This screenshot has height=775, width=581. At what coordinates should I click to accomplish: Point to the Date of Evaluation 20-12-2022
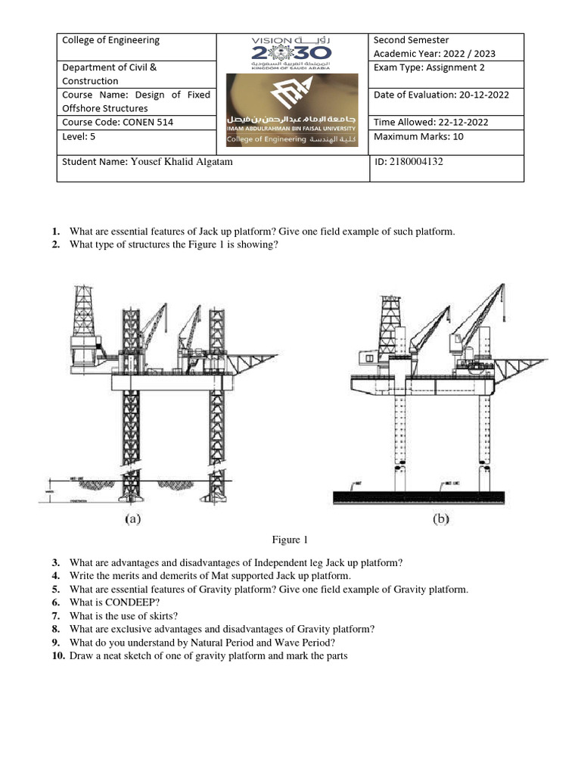click(x=441, y=95)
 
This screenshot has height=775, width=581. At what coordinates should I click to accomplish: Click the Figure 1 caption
click(x=290, y=540)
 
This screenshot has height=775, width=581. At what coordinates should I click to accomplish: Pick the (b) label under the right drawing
click(x=440, y=519)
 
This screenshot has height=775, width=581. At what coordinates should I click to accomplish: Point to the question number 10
click(x=57, y=656)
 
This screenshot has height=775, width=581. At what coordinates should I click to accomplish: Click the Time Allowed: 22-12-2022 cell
click(x=430, y=122)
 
